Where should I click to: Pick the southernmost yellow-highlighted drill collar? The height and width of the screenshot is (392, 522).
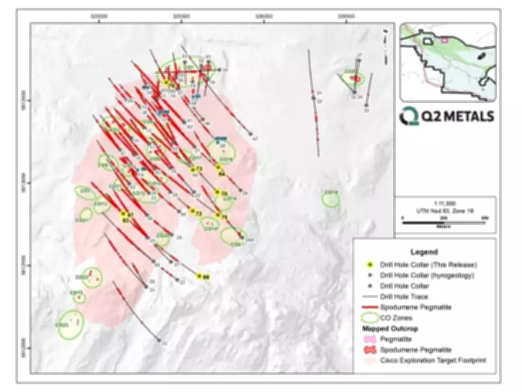click(x=200, y=277)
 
